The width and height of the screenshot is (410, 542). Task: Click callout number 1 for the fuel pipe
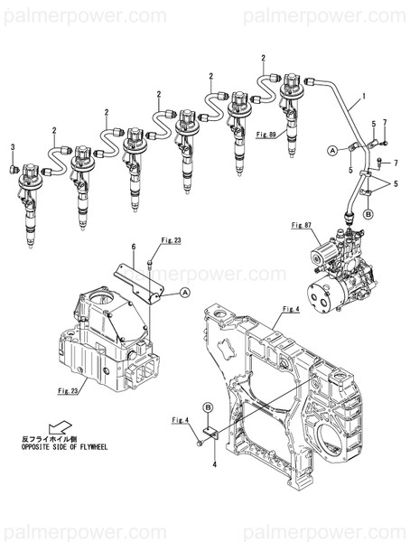point(363,95)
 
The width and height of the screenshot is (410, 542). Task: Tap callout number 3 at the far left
point(13,146)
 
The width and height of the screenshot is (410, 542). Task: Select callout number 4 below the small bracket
point(214,464)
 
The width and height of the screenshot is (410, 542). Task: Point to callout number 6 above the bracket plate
point(133,247)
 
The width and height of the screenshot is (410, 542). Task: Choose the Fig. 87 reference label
point(301,223)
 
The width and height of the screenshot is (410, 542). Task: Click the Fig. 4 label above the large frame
point(290,310)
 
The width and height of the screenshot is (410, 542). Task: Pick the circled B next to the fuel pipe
point(368,214)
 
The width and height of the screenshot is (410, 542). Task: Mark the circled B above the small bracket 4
point(208,407)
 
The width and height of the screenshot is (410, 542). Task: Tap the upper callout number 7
point(384,122)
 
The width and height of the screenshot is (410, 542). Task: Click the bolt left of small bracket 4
point(197,444)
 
